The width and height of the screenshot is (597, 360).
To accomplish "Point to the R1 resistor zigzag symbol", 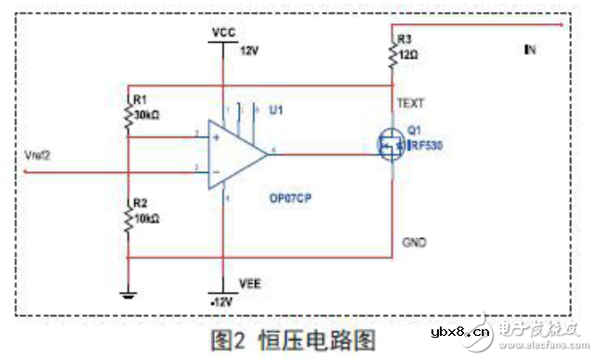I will pyautogui.click(x=129, y=114).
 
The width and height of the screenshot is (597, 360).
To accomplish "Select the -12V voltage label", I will pyautogui.click(x=220, y=302).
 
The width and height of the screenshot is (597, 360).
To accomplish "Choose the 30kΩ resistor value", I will pyautogui.click(x=149, y=114).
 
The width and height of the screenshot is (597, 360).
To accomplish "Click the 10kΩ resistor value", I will pyautogui.click(x=149, y=218).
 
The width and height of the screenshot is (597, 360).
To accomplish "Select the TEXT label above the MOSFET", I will pyautogui.click(x=410, y=102).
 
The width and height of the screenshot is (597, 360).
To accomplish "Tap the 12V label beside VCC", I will pyautogui.click(x=249, y=51).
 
